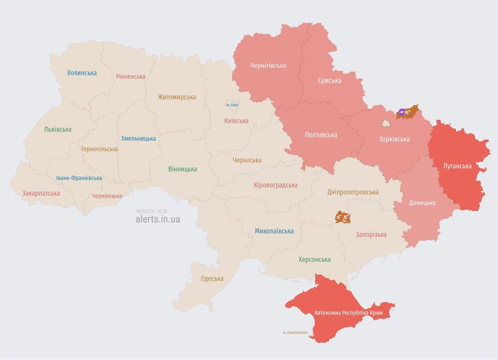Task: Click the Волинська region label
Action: tap(82, 73)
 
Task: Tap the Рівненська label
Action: tap(131, 76)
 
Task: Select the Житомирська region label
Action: tap(177, 97)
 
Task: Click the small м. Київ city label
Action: tap(232, 105)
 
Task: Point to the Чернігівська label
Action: tap(268, 66)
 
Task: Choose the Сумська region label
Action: tap(329, 81)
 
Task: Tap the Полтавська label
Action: tap(321, 135)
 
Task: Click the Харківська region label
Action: tap(394, 139)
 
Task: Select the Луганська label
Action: tap(457, 166)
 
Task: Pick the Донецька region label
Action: tap(422, 203)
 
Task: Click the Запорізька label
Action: tap(371, 234)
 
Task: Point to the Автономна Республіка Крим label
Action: tap(349, 313)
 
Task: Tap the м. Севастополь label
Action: tap(296, 332)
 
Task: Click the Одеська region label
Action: tap(212, 278)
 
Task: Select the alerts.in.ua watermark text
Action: tap(157, 219)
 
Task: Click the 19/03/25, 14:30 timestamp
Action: tap(151, 211)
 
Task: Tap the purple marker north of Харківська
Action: tap(401, 112)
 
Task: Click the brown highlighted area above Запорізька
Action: tap(343, 217)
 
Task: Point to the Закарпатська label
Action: tap(41, 193)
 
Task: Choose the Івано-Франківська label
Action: tap(79, 178)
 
